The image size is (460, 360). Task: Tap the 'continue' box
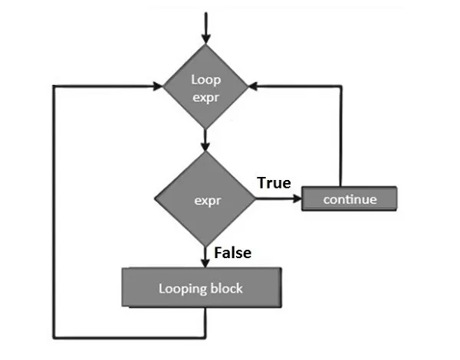[x=350, y=199]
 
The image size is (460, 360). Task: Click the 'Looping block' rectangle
[x=200, y=289]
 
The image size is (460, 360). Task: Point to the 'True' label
[x=274, y=182]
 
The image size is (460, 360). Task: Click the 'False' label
[x=233, y=251]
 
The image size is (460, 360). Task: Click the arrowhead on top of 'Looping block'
[x=205, y=263]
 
